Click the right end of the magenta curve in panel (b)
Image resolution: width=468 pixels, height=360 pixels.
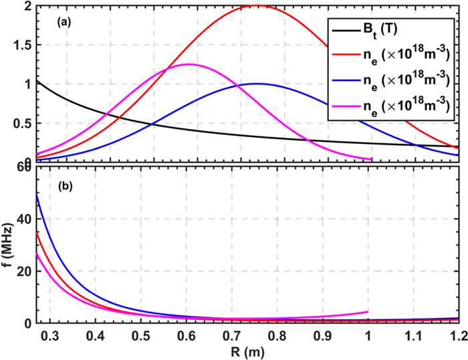(x=368, y=312)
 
